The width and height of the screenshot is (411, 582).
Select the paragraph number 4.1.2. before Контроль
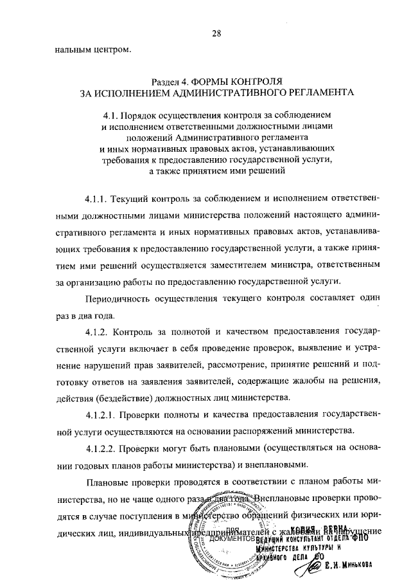pyautogui.click(x=98, y=332)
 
